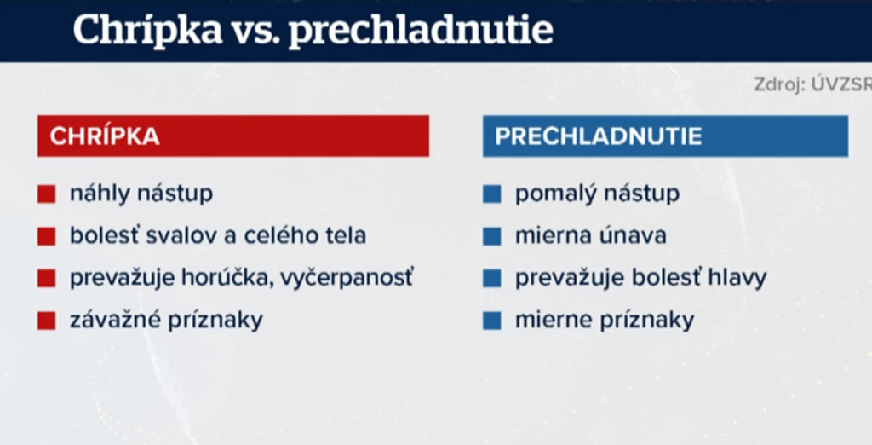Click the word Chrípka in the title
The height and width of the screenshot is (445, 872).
147,30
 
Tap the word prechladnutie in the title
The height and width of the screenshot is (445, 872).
421,31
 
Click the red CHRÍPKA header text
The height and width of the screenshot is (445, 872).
105,136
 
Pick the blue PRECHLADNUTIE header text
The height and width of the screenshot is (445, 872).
599,136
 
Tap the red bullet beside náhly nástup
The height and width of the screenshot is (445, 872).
47,194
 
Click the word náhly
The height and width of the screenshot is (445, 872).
100,194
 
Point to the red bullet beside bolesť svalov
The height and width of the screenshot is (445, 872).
47,236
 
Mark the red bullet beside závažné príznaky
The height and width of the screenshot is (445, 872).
47,321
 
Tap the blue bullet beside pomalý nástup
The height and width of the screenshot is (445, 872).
491,194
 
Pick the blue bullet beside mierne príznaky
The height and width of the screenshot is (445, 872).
491,321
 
